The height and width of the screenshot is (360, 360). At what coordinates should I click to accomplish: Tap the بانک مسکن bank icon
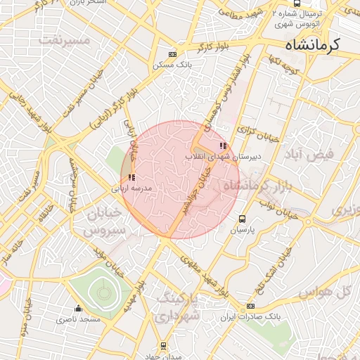click(x=172, y=54)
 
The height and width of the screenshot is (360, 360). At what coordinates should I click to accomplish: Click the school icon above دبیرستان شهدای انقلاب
click(x=223, y=146)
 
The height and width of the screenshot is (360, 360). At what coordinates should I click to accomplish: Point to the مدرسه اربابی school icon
click(x=131, y=178)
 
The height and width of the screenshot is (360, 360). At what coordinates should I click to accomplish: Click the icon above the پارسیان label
click(x=243, y=219)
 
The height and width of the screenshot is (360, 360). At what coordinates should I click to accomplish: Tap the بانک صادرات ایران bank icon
click(x=251, y=306)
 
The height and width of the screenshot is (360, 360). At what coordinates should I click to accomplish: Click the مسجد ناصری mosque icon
click(x=78, y=309)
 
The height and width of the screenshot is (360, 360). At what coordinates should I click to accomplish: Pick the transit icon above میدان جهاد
click(x=164, y=345)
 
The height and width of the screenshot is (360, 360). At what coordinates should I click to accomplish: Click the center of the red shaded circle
click(x=180, y=179)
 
